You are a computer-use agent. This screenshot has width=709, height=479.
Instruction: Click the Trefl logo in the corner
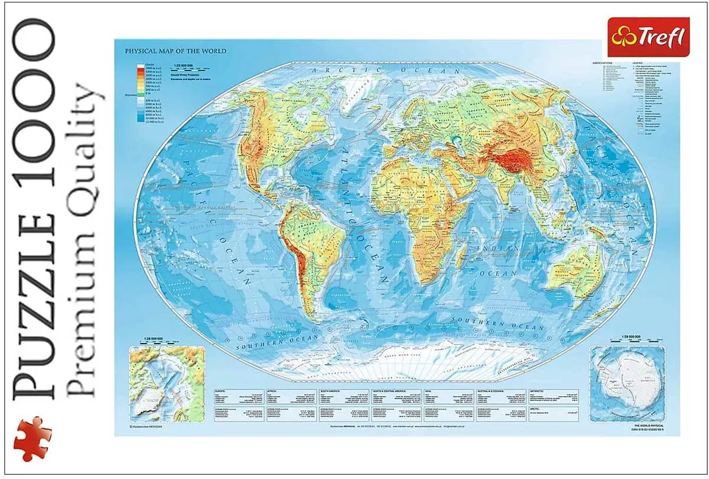pyautogui.click(x=648, y=37)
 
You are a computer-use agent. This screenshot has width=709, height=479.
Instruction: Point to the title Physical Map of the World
pyautogui.click(x=175, y=51)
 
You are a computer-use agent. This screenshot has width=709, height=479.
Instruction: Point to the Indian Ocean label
pyautogui.click(x=501, y=260)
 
